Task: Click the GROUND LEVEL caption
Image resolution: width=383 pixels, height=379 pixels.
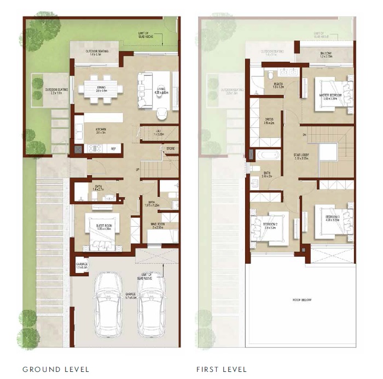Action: pos(56,369)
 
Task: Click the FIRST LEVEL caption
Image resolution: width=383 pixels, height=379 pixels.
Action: pos(222,369)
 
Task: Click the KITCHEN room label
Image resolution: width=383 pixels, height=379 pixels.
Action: pos(100,129)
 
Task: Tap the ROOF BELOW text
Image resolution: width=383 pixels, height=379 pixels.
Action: pos(298,300)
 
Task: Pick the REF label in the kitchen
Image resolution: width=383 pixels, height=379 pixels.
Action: pos(114,148)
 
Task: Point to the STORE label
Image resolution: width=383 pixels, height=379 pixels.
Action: pos(170,147)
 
